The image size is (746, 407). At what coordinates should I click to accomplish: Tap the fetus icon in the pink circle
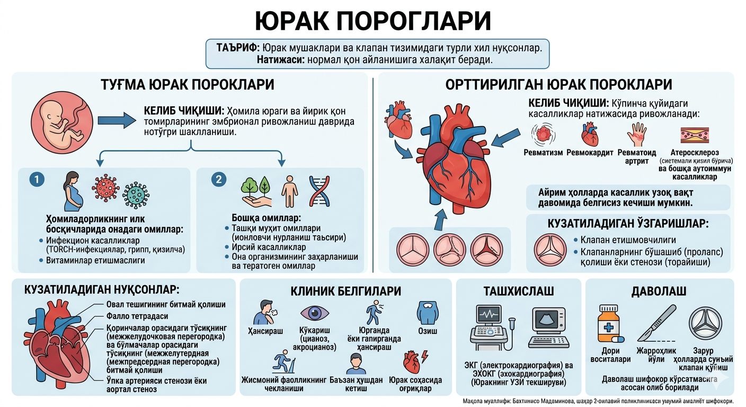click(x=58, y=121)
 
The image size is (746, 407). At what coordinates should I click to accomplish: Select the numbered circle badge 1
click(x=35, y=180)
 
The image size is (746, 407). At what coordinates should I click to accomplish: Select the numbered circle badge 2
click(x=218, y=180)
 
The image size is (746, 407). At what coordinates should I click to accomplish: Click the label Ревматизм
click(x=543, y=153)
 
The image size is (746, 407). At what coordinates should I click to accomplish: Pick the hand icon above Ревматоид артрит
click(x=636, y=135)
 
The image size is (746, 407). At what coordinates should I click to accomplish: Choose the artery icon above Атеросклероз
click(x=697, y=135)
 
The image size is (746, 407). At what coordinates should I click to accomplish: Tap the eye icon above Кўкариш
click(x=315, y=313)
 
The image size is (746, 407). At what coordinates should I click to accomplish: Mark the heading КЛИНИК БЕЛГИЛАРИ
click(x=345, y=291)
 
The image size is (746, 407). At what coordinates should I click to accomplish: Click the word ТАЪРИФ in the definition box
click(x=238, y=47)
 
